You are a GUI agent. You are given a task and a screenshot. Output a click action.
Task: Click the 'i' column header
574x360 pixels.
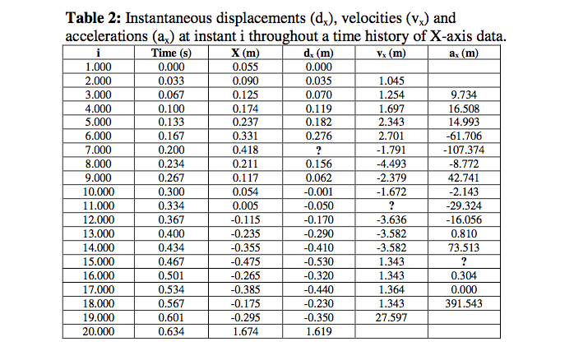[99, 53]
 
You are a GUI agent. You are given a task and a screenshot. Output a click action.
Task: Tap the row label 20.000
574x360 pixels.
[99, 331]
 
